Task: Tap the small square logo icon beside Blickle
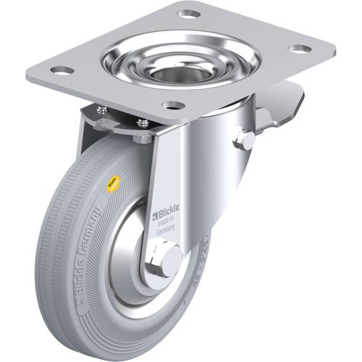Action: (x=154, y=214)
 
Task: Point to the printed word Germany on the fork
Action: (x=168, y=234)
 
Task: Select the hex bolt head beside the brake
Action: (x=245, y=140)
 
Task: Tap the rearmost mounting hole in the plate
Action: (x=190, y=14)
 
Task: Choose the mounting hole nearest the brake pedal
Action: (x=298, y=49)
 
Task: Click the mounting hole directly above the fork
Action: (x=172, y=105)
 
